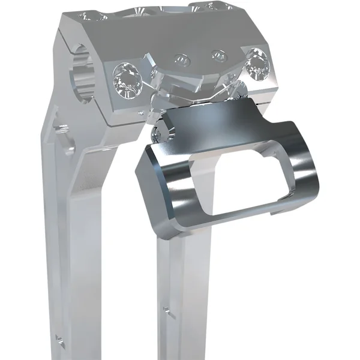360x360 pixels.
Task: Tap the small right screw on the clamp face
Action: click(x=218, y=55)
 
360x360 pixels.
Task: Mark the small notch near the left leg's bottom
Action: click(x=59, y=340)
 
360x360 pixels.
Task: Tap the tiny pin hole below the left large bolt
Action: click(x=140, y=111)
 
